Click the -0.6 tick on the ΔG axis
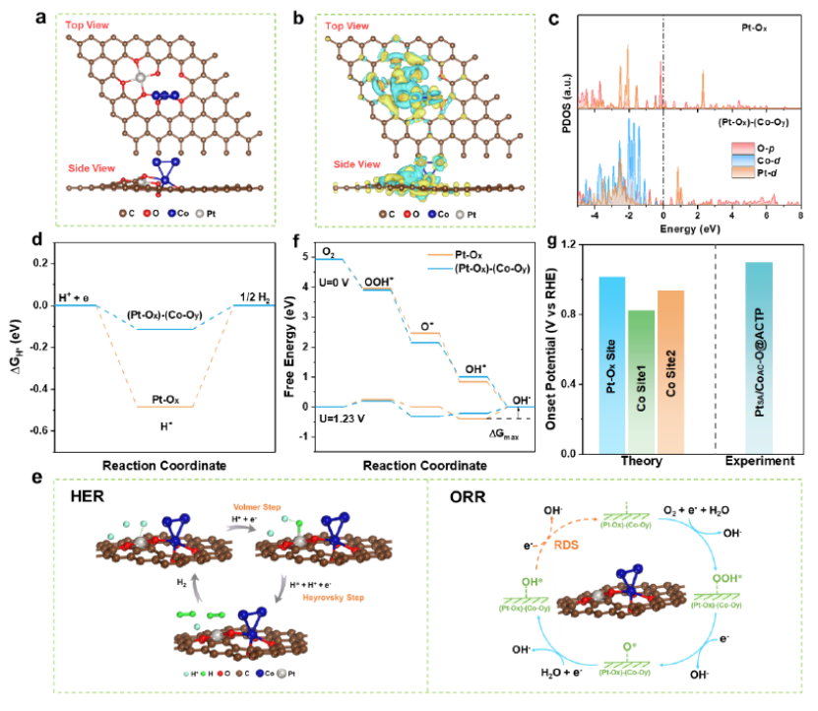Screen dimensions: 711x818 37,431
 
